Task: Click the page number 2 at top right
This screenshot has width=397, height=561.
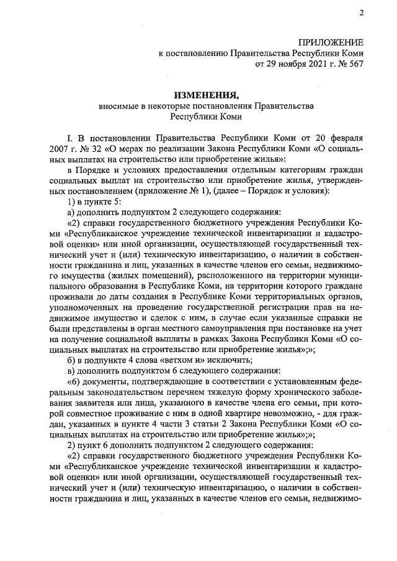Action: pyautogui.click(x=360, y=13)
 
